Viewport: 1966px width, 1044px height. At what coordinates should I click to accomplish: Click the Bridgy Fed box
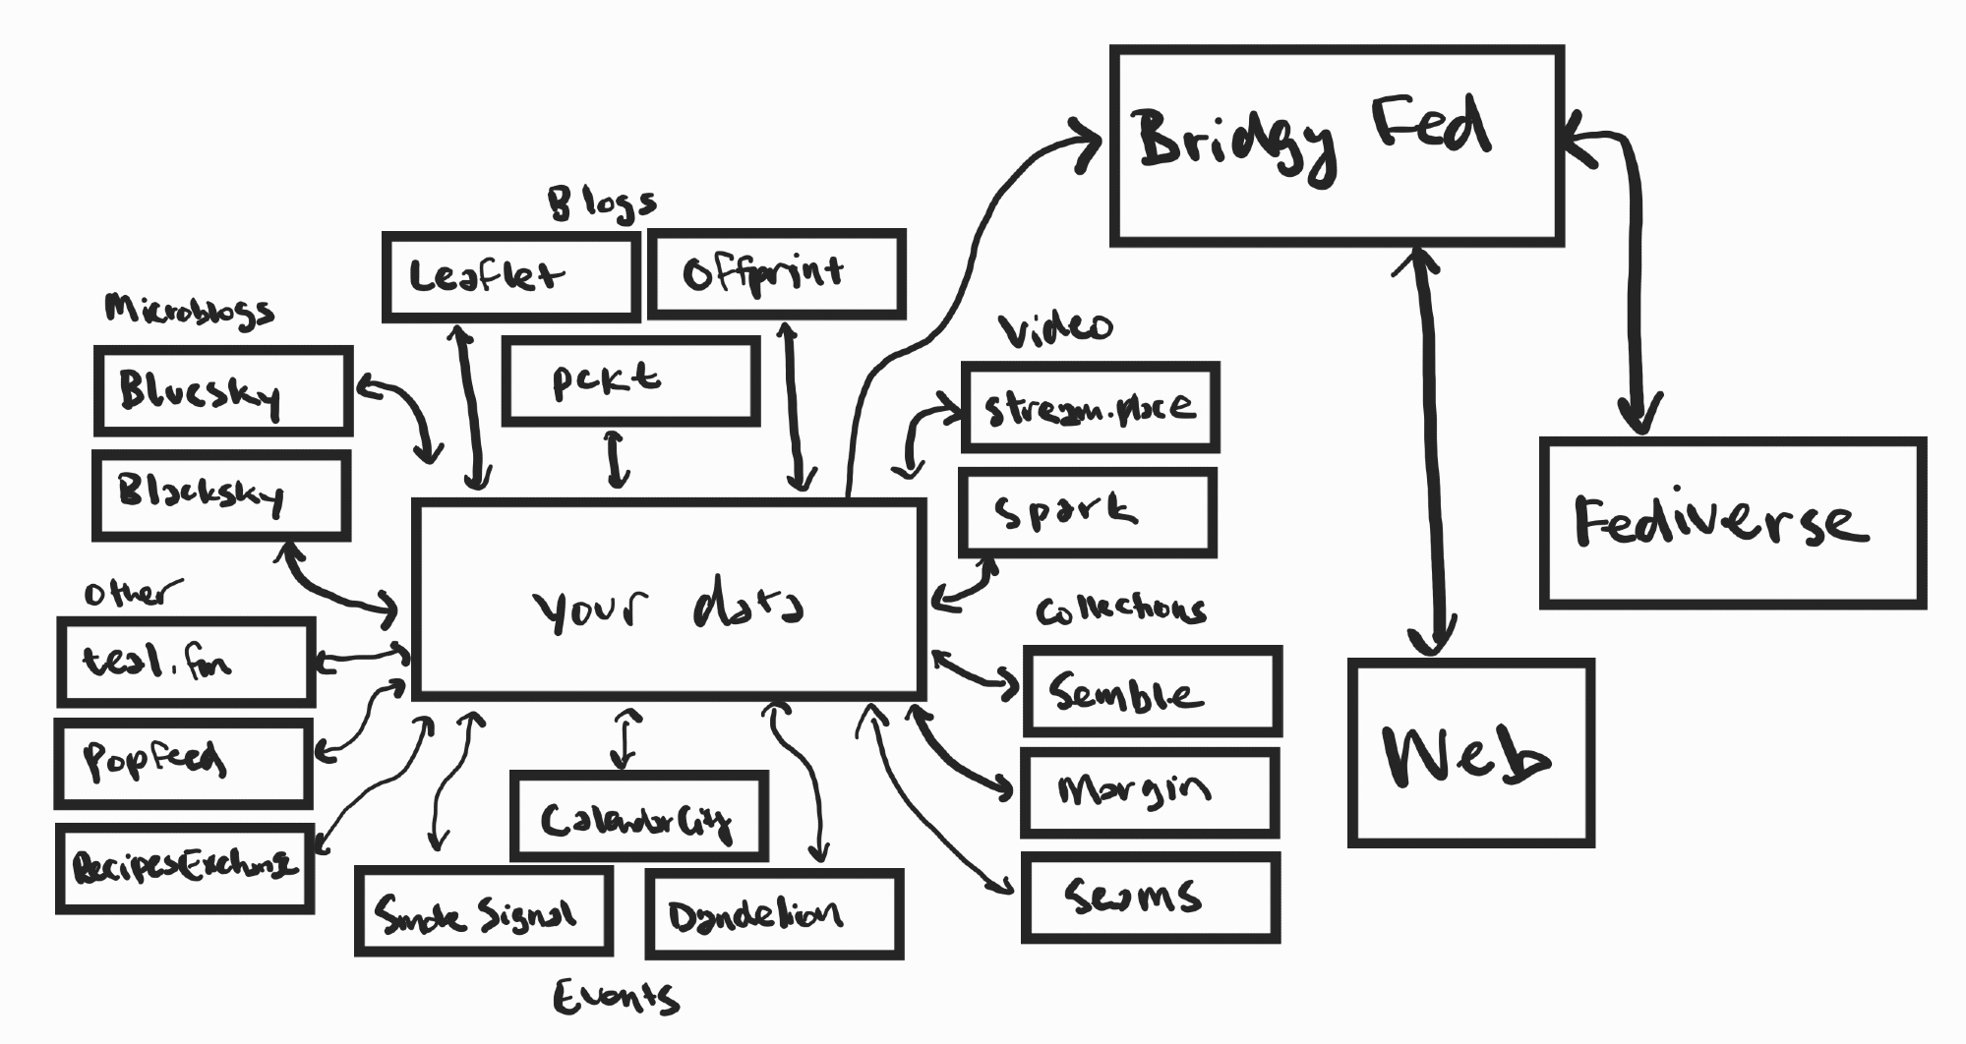(1337, 145)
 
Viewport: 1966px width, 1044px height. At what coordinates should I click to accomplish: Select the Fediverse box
(1732, 523)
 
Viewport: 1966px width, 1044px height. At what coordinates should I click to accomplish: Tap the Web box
(1470, 753)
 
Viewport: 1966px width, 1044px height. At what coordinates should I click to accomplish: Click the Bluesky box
(223, 390)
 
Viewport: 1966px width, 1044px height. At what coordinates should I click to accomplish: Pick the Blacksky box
(221, 495)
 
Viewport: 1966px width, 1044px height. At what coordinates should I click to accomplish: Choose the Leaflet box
(510, 276)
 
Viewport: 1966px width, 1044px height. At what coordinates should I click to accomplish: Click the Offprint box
(776, 274)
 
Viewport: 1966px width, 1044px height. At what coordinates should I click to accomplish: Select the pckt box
(630, 381)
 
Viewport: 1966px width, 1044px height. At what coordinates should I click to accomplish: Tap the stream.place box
(1090, 407)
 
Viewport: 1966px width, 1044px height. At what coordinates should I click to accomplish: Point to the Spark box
(1088, 512)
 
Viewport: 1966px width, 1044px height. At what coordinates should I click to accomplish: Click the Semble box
(1152, 691)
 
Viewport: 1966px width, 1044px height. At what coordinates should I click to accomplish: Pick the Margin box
(1150, 792)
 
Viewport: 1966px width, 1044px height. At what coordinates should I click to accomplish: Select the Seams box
(1150, 898)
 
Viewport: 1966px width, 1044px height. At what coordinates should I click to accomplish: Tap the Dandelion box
(774, 914)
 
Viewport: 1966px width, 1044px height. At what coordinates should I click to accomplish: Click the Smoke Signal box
(484, 911)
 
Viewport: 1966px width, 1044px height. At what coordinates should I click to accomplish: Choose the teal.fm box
(186, 662)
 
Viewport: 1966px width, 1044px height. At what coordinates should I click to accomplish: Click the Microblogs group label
(189, 311)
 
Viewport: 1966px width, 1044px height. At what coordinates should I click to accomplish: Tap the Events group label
(616, 998)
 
